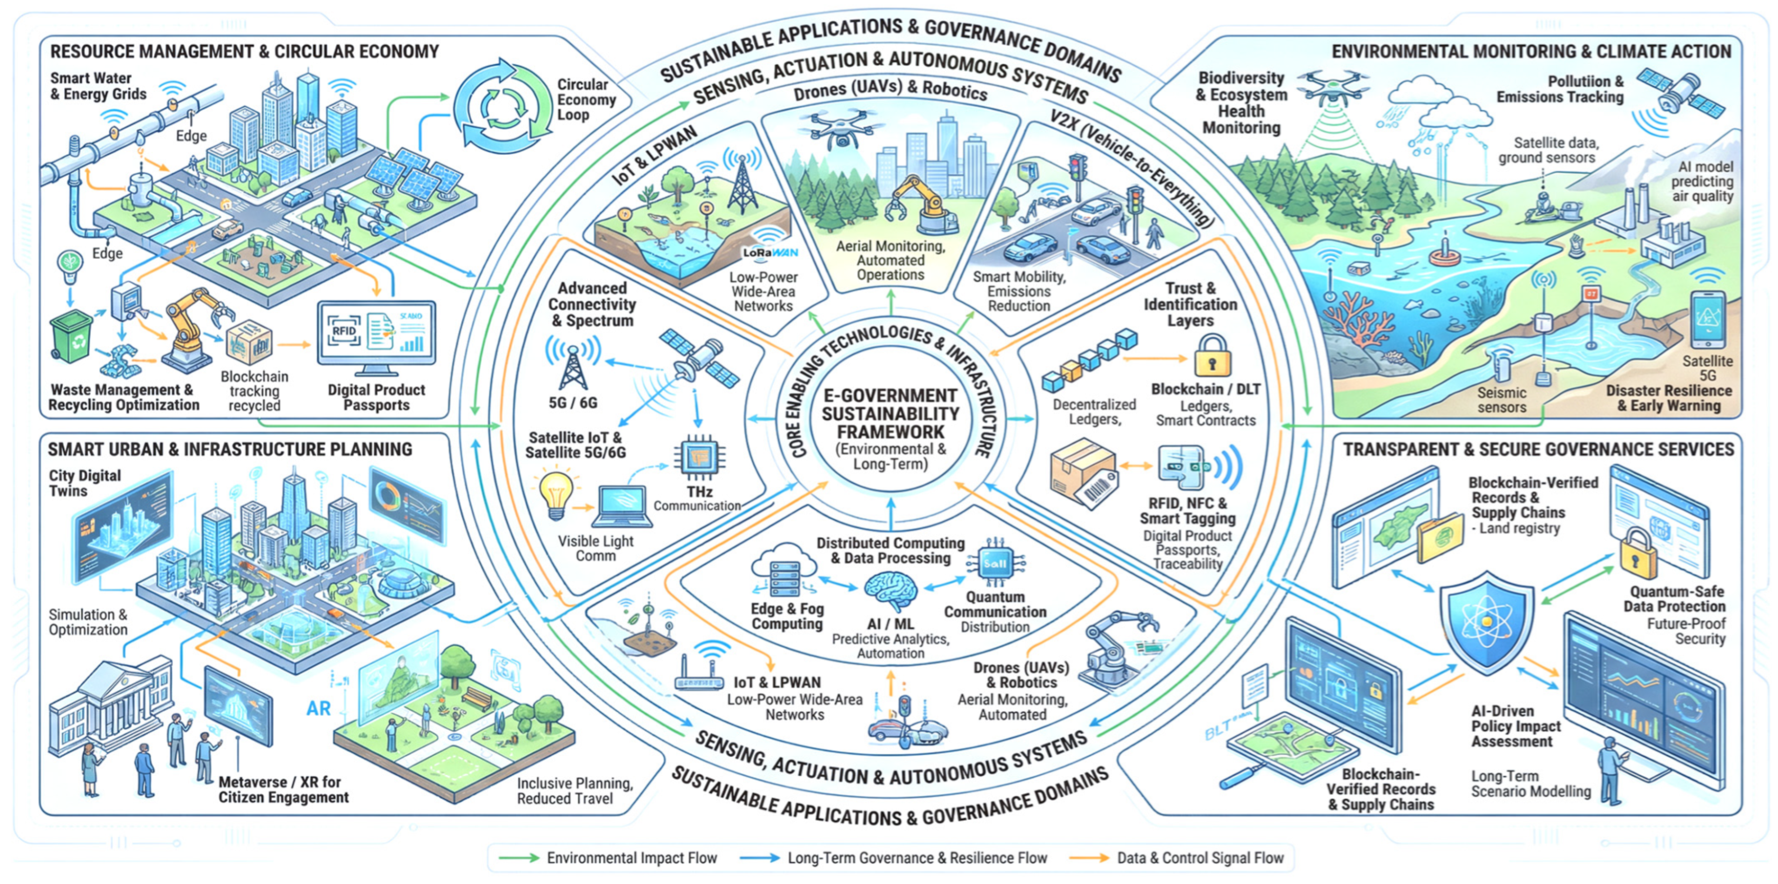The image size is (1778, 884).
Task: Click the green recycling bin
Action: (x=72, y=336)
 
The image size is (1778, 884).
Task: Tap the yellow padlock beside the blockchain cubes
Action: (x=1212, y=357)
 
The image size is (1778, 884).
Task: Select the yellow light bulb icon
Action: (x=556, y=493)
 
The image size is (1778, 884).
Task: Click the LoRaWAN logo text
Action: (x=770, y=253)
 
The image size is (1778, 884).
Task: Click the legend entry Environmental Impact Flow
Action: (x=632, y=858)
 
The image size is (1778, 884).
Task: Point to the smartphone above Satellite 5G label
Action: (x=1708, y=320)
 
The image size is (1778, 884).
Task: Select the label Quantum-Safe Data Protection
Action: (x=1677, y=599)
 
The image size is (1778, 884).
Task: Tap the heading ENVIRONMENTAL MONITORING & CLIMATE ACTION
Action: (x=1531, y=52)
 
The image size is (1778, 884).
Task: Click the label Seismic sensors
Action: (x=1501, y=399)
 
